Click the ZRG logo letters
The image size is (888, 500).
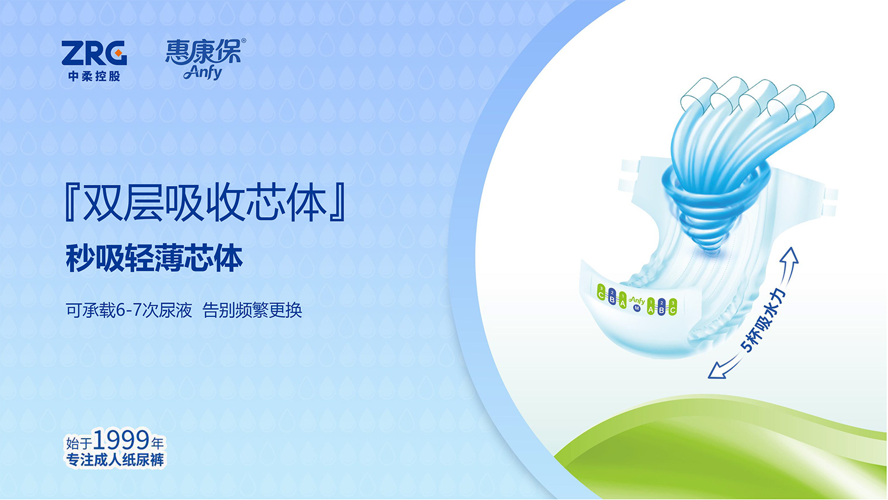tap(94, 53)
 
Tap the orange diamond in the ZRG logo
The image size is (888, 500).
tap(118, 53)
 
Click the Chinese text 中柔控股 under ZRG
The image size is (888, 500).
tap(94, 76)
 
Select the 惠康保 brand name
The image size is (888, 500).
tap(203, 51)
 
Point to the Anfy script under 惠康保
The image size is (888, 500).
tap(203, 73)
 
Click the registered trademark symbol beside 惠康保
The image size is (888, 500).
tap(244, 40)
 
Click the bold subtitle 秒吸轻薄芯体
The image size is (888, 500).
tap(154, 258)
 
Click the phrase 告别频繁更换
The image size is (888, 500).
tap(252, 310)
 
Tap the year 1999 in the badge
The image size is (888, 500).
tap(122, 440)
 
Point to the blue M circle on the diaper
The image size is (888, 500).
tap(637, 308)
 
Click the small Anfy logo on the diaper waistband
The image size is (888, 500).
tap(637, 300)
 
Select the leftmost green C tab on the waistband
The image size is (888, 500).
tap(601, 292)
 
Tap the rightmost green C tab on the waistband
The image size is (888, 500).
tap(672, 308)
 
